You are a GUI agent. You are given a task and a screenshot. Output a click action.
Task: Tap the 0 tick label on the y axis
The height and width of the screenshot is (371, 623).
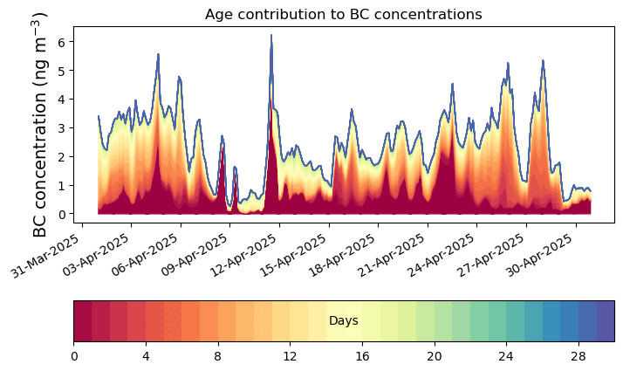[x=60, y=214]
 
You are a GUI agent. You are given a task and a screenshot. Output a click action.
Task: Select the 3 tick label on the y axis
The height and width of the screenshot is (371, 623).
[x=60, y=127]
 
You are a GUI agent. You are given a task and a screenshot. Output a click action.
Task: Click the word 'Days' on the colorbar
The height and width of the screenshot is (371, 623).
[x=344, y=321]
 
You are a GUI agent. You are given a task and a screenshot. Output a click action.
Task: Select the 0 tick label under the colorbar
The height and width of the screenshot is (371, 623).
[x=74, y=356]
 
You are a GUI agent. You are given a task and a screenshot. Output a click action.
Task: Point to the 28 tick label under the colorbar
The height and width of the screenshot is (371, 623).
[x=578, y=356]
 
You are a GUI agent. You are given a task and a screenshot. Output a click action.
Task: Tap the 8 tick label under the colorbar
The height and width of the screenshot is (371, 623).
[x=218, y=356]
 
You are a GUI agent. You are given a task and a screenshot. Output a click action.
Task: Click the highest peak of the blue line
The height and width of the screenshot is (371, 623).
[x=271, y=36]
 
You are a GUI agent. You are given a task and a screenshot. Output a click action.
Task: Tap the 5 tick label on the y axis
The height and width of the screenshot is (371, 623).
[x=60, y=70]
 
